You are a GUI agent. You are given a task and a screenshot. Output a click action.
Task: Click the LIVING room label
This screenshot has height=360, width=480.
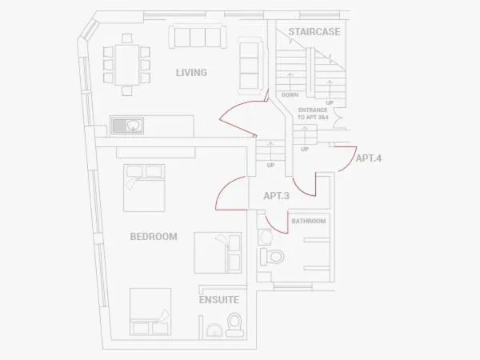point(191,73)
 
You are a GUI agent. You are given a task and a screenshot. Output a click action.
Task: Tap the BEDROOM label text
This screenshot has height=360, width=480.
point(154,237)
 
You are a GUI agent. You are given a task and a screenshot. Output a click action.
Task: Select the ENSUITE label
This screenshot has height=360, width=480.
point(219,300)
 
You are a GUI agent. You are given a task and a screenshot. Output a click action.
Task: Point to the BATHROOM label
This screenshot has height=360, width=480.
point(309,221)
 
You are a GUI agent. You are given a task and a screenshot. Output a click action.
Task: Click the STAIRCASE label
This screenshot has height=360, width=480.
point(314,31)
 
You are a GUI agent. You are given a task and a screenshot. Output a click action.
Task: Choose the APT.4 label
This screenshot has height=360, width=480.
point(369,158)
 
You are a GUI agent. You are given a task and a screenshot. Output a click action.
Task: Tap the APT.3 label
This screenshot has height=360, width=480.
point(277,196)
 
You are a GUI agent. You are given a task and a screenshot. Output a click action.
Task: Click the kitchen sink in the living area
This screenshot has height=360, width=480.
point(127,126)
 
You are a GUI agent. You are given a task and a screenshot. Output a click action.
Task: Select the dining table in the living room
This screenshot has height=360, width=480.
point(127,65)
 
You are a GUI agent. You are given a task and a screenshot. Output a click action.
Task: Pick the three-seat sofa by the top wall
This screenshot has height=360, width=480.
point(198,37)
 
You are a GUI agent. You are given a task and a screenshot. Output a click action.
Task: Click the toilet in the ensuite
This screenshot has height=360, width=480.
point(234,325)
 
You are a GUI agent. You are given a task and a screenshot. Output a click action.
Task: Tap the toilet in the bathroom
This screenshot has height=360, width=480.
point(272,257)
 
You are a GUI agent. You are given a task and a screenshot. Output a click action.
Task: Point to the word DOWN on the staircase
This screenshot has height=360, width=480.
point(290,95)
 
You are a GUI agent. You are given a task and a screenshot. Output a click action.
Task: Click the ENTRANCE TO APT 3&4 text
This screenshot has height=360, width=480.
point(313,114)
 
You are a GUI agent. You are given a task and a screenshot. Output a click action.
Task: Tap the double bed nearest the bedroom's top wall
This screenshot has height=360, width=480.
point(144,188)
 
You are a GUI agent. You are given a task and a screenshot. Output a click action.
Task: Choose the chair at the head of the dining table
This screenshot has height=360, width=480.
point(127,38)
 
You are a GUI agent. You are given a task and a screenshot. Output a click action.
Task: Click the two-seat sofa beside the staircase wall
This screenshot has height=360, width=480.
point(250,66)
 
